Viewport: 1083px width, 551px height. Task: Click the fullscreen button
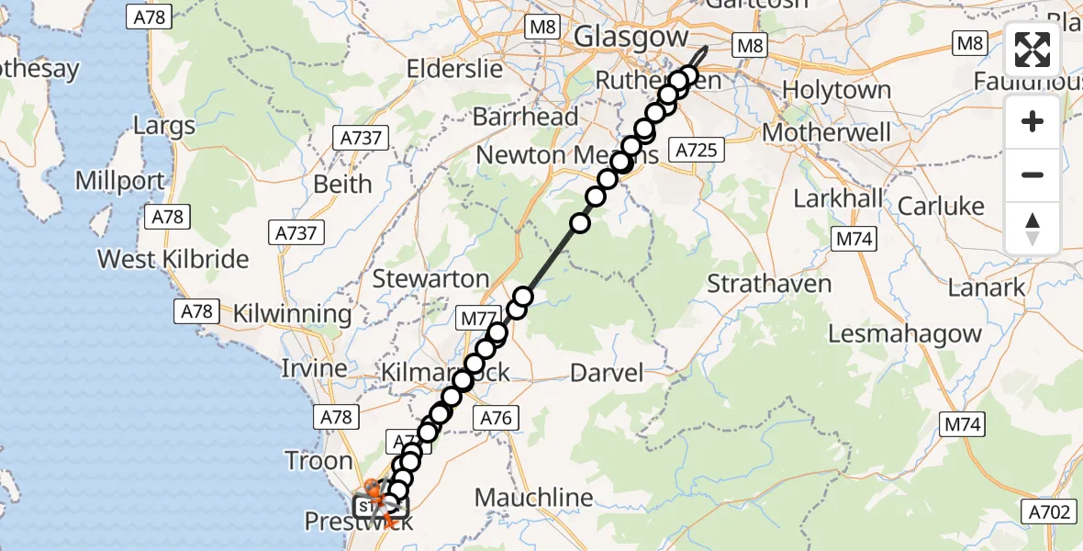click(1033, 51)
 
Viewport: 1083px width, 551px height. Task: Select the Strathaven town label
click(769, 284)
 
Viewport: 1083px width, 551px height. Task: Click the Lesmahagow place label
click(905, 333)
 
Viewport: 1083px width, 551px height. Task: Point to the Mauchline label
click(533, 499)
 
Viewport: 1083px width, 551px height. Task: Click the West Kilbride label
click(173, 259)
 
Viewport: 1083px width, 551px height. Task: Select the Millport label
click(120, 181)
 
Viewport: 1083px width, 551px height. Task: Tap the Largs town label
click(164, 126)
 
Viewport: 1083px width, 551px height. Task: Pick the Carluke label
click(941, 207)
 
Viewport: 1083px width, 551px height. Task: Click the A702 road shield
click(1051, 512)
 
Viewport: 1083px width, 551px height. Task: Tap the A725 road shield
click(698, 150)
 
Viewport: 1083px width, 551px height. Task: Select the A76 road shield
click(496, 418)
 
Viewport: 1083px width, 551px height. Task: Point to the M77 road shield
click(479, 319)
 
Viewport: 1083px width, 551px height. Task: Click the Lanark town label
click(988, 288)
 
